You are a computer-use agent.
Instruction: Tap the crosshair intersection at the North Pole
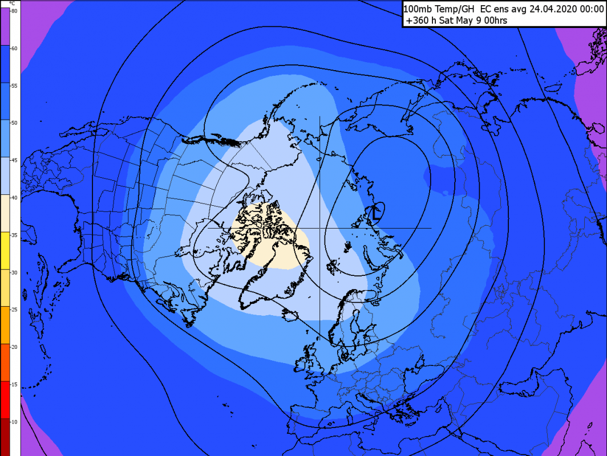click(x=319, y=228)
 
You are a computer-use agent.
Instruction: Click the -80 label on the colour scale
click(x=14, y=11)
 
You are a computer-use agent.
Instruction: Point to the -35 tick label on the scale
click(x=14, y=235)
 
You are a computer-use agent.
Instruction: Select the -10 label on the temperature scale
click(x=14, y=421)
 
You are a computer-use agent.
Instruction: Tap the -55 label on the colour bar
click(x=14, y=85)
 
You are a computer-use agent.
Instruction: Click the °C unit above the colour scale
click(x=13, y=3)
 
